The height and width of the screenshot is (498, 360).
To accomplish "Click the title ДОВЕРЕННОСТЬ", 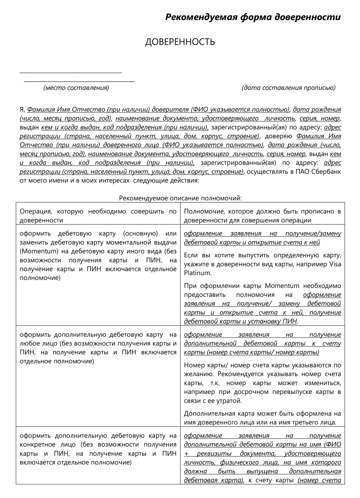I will [180, 42].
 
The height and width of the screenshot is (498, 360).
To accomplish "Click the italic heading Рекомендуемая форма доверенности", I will [253, 17].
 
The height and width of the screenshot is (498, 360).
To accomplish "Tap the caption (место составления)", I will [76, 88].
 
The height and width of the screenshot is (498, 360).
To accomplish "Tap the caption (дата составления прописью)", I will [288, 88].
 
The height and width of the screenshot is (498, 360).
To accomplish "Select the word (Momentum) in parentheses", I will [35, 251].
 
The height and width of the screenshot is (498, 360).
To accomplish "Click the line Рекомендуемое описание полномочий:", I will [180, 198].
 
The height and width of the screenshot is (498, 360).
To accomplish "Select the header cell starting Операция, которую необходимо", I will [98, 216].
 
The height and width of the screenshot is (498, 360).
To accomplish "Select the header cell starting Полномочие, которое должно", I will [262, 216].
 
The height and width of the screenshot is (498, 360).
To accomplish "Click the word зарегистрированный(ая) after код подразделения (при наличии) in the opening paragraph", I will [243, 127].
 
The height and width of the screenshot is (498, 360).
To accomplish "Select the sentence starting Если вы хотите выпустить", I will [262, 264].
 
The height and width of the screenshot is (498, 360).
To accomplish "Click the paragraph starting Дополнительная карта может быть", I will [262, 418].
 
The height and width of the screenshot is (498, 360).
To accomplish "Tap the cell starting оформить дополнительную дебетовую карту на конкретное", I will [98, 449].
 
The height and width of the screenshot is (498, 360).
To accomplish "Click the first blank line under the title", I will [71, 72].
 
